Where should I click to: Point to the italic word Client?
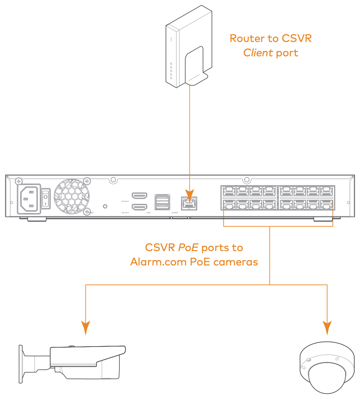pos(258,53)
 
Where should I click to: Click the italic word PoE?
pos(187,248)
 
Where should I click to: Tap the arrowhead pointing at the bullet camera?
pos(85,328)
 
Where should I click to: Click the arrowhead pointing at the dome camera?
pos(327,328)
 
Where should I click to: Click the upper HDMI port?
pos(139,196)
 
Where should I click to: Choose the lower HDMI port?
pos(139,207)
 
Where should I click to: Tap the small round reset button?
pos(105,206)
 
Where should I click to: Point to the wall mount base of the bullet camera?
pos(21,364)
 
